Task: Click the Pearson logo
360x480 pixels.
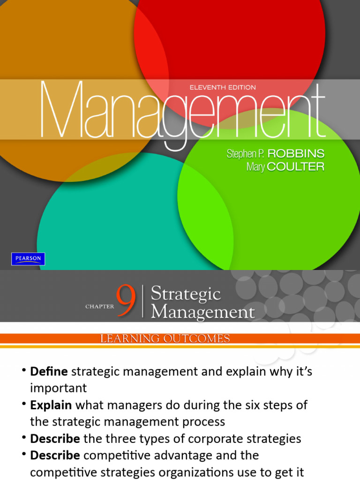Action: [x=28, y=259]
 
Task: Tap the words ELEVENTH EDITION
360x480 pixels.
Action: [x=222, y=87]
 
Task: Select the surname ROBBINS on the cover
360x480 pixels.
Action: [x=296, y=154]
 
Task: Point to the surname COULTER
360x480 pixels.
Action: [x=297, y=167]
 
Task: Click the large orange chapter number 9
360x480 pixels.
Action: [x=127, y=302]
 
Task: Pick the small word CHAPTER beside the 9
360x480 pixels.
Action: [x=100, y=307]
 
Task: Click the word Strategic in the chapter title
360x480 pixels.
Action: [x=186, y=294]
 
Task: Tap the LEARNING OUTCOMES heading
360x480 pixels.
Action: [x=165, y=338]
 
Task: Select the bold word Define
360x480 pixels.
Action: [x=49, y=372]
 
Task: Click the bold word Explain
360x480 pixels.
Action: [x=51, y=405]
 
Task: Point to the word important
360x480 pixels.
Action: [x=59, y=388]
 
